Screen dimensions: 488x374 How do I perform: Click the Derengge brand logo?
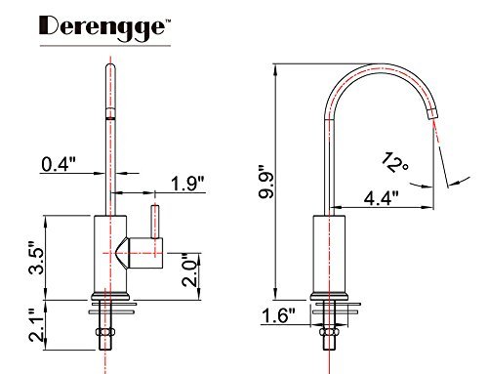pos(104,28)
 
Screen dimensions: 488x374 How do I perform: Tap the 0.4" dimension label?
pos(59,164)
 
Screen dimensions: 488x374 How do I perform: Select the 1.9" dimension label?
pos(188,184)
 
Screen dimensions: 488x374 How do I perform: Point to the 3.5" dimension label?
pos(36,258)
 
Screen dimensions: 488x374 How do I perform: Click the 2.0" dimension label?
pos(189,270)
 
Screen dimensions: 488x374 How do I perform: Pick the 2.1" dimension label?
pos(36,325)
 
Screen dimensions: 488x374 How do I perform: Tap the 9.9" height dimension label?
pos(266,183)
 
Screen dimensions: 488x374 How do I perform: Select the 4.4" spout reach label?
pos(381,197)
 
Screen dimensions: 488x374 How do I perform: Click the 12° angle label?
pos(395,162)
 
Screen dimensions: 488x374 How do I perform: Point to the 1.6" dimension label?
pos(278,315)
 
